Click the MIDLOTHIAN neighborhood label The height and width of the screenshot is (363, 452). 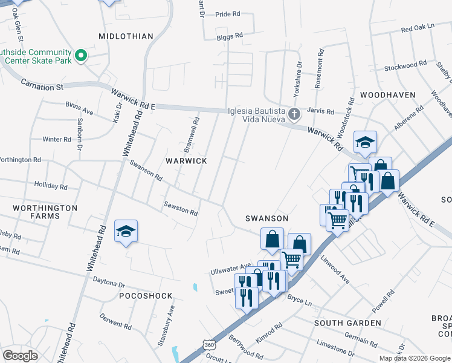(x=126, y=36)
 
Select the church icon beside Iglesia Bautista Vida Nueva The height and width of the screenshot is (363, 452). (x=294, y=114)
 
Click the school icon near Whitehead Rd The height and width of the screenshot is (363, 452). (x=126, y=232)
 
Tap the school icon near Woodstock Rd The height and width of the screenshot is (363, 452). (x=365, y=142)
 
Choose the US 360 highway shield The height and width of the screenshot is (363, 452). (x=209, y=344)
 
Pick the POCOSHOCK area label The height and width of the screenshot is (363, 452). (x=146, y=296)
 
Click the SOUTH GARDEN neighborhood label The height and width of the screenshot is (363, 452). (x=347, y=323)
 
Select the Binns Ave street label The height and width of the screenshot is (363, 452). (x=79, y=111)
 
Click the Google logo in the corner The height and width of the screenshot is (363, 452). (x=21, y=355)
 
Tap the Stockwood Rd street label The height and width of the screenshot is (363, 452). (x=405, y=67)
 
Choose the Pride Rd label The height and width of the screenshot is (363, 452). (x=228, y=13)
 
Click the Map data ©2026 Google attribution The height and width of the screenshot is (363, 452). (x=415, y=358)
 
